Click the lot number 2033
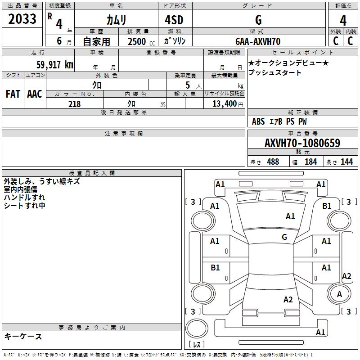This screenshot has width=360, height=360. [22, 19]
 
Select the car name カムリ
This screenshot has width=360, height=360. [116, 20]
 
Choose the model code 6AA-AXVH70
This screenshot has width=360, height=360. [258, 41]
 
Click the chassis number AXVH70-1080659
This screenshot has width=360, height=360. [302, 143]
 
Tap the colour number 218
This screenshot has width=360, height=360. [74, 104]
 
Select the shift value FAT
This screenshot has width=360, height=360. [13, 94]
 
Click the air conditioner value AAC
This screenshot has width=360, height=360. [35, 94]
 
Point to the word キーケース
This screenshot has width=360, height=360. [23, 336]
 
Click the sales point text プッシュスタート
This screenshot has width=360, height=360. [275, 72]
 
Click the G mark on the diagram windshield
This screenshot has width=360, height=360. [284, 237]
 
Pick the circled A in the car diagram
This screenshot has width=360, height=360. [339, 294]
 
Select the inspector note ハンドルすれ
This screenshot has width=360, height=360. [24, 198]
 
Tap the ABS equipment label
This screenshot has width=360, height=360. [258, 121]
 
